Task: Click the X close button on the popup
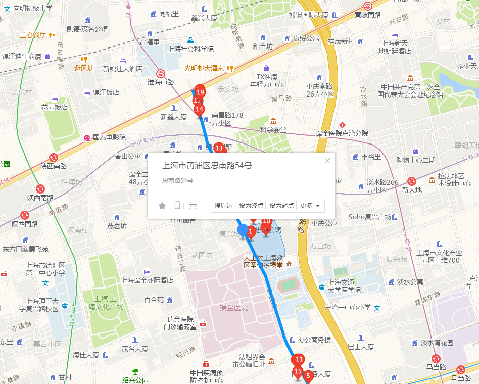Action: pyautogui.click(x=327, y=161)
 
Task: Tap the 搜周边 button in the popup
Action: pyautogui.click(x=223, y=206)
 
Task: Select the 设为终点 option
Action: pyautogui.click(x=251, y=206)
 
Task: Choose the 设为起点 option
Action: pyautogui.click(x=281, y=206)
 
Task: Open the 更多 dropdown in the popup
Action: pyautogui.click(x=310, y=206)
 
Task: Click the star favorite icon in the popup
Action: pyautogui.click(x=162, y=206)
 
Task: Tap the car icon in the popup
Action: pyautogui.click(x=193, y=206)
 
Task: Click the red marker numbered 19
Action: pyautogui.click(x=200, y=91)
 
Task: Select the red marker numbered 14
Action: pyautogui.click(x=199, y=109)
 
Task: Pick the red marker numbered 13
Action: pyautogui.click(x=219, y=148)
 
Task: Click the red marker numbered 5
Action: pyautogui.click(x=307, y=376)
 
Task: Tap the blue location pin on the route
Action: pyautogui.click(x=243, y=231)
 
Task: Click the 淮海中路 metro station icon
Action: pyautogui.click(x=160, y=73)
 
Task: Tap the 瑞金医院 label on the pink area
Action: pyautogui.click(x=234, y=308)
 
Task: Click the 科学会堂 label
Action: pyautogui.click(x=273, y=130)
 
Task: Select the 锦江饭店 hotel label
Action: pyautogui.click(x=106, y=92)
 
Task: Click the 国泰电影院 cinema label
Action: pyautogui.click(x=109, y=137)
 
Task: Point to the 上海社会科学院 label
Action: pyautogui.click(x=191, y=49)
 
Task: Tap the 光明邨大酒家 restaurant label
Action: pyautogui.click(x=204, y=68)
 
